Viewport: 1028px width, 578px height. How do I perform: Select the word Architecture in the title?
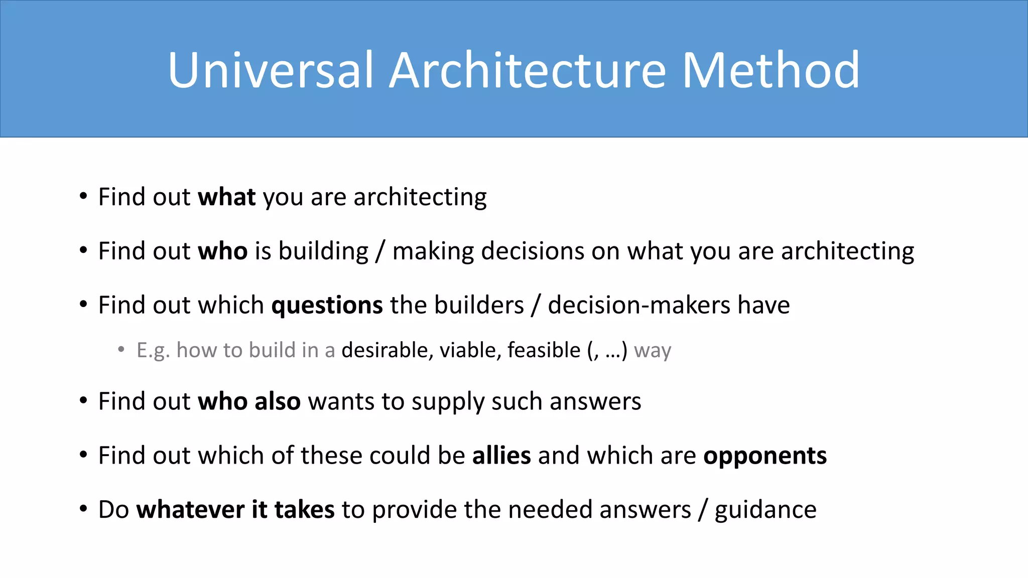tap(528, 70)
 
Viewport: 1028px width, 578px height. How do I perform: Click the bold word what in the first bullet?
tap(227, 197)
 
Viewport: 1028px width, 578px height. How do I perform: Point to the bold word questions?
tap(327, 305)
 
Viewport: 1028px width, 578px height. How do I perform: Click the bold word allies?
tap(501, 456)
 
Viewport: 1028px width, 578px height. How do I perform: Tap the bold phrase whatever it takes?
tap(235, 510)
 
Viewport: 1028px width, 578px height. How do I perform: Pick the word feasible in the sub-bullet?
tap(544, 350)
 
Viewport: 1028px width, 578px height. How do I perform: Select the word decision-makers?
tap(639, 305)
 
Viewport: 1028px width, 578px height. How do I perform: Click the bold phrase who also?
tap(249, 401)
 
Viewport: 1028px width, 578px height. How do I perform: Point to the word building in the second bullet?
tap(323, 251)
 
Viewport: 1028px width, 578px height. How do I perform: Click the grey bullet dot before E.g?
tap(121, 349)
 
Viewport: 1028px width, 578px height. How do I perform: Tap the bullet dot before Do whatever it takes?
tap(83, 509)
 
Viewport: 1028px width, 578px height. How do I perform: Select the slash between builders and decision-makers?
tap(536, 305)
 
